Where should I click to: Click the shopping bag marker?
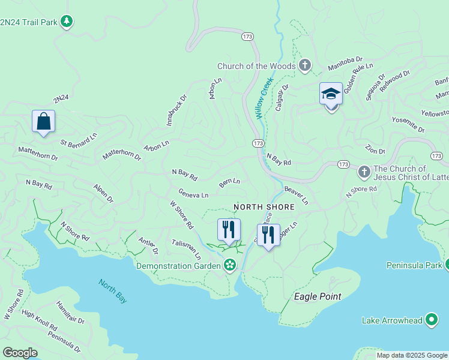coord(44,121)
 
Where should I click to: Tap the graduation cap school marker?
coord(331,94)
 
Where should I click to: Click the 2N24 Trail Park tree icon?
coord(67,22)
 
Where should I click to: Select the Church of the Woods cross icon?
coord(305,66)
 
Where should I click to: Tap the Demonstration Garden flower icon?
coord(229,265)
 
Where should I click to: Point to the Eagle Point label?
coord(317,296)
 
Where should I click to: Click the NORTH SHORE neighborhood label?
coord(264,207)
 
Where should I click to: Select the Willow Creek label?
coord(264,97)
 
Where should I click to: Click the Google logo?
coord(20,353)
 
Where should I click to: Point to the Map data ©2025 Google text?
coord(412,355)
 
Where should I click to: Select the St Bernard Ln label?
coord(79,142)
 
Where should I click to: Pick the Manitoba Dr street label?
coord(345,63)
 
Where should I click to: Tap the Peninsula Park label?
coord(414,265)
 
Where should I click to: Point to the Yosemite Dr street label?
coord(408,125)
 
